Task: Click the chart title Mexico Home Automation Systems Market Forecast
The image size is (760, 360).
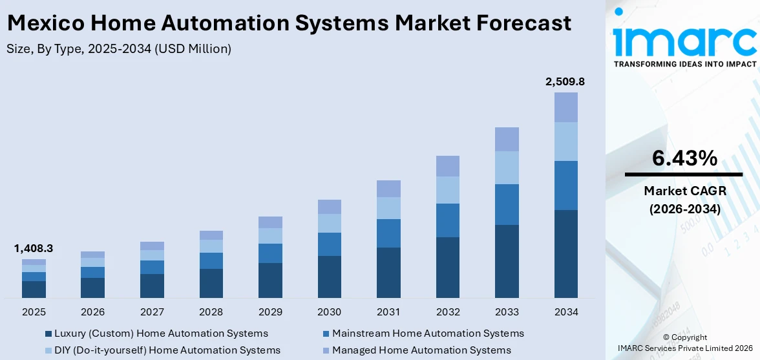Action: point(289,23)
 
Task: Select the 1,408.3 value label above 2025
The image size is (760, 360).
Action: point(34,249)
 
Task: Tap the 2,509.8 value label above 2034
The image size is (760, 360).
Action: point(565,81)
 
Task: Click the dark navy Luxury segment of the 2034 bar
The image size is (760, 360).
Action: point(565,253)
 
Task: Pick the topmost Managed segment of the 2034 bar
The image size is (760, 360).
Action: point(565,107)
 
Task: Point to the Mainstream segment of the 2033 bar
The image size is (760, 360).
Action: point(507,204)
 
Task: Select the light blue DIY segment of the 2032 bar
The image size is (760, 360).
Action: point(447,190)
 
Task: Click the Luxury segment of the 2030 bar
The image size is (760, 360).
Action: point(329,277)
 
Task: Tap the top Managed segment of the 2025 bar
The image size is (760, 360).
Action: point(34,262)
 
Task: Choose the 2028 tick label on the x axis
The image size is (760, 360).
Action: point(211,312)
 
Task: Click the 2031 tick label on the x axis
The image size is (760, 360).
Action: point(388,312)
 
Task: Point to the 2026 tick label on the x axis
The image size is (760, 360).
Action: point(93,312)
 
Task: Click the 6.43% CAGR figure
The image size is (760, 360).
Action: point(684,158)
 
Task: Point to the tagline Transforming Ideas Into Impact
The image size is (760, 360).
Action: point(684,64)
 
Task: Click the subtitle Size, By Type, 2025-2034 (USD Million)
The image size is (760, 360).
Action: point(119,48)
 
